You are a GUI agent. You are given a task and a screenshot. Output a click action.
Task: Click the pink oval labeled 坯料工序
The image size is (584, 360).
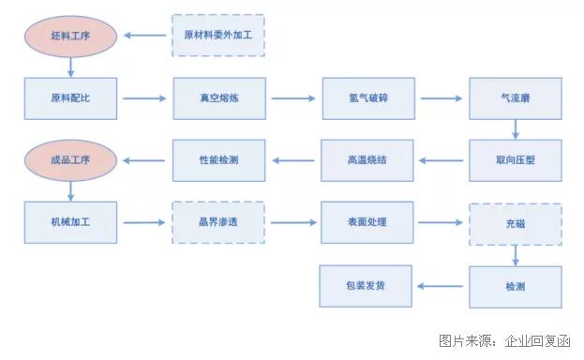tap(71, 37)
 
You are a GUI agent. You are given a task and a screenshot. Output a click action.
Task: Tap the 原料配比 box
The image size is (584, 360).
tap(71, 97)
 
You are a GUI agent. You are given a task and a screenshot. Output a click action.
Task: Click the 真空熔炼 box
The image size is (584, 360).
tap(219, 97)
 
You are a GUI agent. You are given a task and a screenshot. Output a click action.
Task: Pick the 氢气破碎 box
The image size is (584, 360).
tap(367, 97)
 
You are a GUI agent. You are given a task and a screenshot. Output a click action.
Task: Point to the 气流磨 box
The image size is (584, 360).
tap(515, 97)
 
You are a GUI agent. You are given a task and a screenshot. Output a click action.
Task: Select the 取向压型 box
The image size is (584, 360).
tap(515, 160)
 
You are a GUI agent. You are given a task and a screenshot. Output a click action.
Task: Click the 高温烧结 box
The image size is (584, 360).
tap(367, 160)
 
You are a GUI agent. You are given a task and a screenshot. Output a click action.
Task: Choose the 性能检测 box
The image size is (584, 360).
tap(219, 160)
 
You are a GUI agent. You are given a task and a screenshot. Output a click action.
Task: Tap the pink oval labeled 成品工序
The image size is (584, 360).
tap(71, 160)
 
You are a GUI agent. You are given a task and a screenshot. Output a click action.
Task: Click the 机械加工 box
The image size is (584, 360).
tap(71, 222)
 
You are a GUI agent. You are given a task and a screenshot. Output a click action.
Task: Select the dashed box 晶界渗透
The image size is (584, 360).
tap(219, 222)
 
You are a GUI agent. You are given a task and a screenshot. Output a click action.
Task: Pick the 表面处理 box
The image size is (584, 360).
tap(367, 222)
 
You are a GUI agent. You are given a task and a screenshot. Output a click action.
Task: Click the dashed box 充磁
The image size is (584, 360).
tap(515, 223)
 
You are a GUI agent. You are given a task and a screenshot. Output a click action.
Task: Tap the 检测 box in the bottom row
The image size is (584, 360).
tap(515, 285)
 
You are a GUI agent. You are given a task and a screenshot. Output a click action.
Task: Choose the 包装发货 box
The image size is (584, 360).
tap(367, 285)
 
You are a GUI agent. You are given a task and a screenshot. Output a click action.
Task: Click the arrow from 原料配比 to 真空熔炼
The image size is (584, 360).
tap(145, 97)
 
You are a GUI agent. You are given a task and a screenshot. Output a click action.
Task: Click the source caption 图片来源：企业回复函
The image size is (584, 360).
tap(504, 341)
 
